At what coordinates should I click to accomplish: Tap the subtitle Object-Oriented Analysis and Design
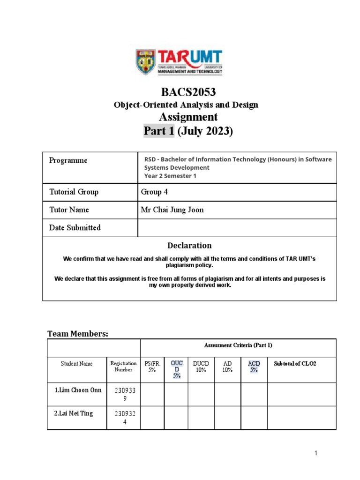coord(186,105)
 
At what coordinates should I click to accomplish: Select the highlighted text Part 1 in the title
coord(159,131)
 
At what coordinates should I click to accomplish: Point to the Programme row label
coord(68,161)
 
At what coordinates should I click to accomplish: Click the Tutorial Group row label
coord(74,192)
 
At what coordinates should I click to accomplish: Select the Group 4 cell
coord(154,192)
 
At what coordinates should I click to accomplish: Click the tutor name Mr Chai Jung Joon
coord(172,210)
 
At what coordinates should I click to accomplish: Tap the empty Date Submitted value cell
coord(237,228)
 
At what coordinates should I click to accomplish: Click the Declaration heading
coord(189,246)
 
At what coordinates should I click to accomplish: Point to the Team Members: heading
coord(78,334)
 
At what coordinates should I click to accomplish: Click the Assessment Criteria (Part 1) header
coord(238,345)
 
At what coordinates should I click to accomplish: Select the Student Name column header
coord(77,364)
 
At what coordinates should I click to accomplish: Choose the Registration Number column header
coord(123,367)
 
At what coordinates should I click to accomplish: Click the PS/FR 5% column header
coord(152,367)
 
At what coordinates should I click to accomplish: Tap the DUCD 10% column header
coord(201,367)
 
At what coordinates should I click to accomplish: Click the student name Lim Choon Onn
coord(77,390)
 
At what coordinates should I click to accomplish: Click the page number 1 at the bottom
coord(316,453)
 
